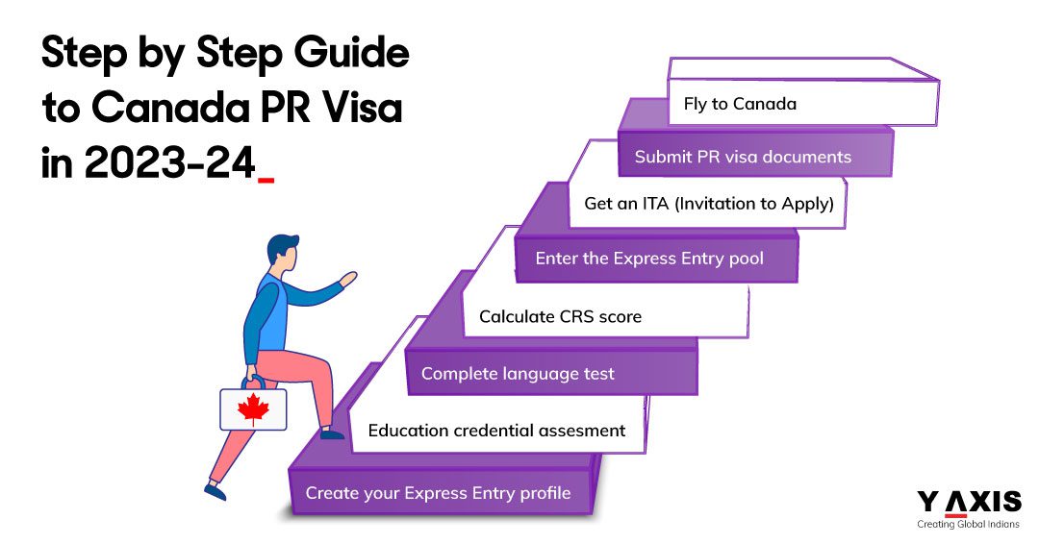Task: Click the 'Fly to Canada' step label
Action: pyautogui.click(x=740, y=104)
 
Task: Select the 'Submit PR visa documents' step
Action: pyautogui.click(x=743, y=157)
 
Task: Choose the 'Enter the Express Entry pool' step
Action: pyautogui.click(x=651, y=259)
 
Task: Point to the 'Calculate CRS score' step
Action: pyautogui.click(x=560, y=316)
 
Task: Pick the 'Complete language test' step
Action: pyautogui.click(x=518, y=374)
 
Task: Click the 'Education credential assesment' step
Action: pyautogui.click(x=496, y=430)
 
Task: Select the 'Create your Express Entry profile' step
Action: pyautogui.click(x=438, y=493)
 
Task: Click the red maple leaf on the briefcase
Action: pyautogui.click(x=253, y=409)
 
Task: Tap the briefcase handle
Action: pyautogui.click(x=253, y=382)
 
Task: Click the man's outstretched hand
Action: pyautogui.click(x=347, y=279)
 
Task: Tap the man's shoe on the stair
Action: pyautogui.click(x=332, y=433)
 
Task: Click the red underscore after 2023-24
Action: pyautogui.click(x=266, y=179)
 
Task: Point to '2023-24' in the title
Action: pyautogui.click(x=169, y=162)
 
